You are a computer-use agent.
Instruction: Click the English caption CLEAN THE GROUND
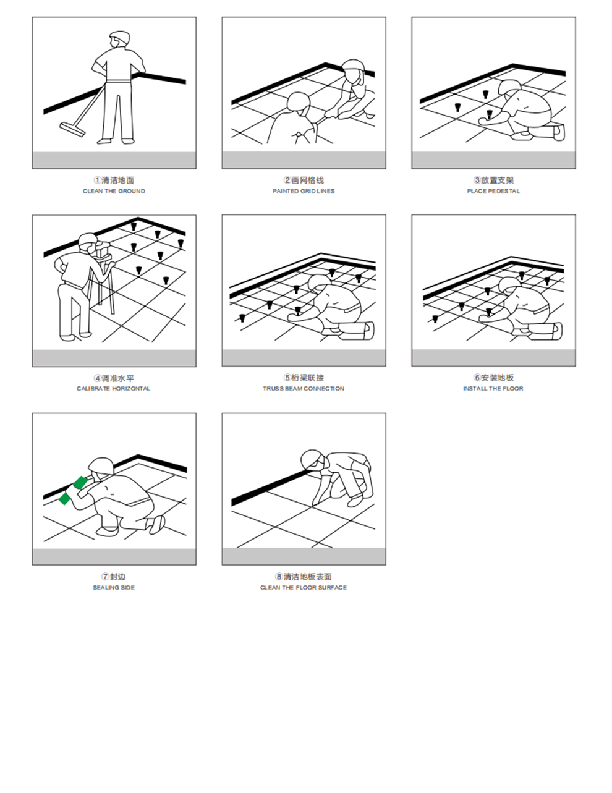114,192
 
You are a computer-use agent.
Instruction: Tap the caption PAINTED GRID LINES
304,192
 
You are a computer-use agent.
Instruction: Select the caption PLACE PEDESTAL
493,192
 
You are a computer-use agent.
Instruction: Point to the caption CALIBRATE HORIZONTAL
114,389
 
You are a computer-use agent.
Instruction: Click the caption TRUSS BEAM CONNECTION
304,389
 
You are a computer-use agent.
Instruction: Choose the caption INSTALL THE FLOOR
493,389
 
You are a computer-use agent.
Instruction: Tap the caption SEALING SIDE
114,587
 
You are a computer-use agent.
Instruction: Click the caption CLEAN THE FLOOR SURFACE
304,587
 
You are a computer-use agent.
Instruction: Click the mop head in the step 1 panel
72,128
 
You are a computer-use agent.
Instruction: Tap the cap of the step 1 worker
120,36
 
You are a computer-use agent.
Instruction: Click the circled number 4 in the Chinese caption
97,378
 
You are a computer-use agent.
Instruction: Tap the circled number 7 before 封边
105,576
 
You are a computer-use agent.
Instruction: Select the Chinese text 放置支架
498,180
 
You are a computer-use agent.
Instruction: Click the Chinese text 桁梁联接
308,378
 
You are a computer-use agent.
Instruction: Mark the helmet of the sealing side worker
100,465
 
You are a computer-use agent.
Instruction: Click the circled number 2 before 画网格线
287,180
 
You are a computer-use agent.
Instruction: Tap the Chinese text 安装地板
498,378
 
